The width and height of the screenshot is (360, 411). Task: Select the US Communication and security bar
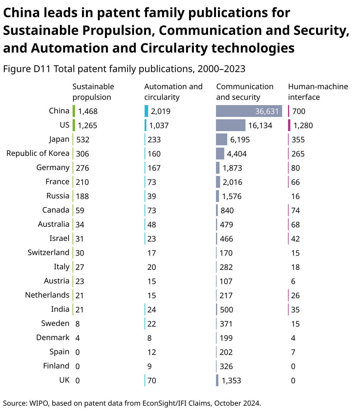pyautogui.click(x=230, y=125)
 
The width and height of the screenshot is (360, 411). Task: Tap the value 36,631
pyautogui.click(x=267, y=111)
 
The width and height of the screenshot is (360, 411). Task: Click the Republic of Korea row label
pyautogui.click(x=38, y=153)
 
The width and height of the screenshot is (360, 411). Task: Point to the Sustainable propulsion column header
pyautogui.click(x=93, y=92)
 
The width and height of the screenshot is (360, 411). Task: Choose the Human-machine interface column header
pyautogui.click(x=318, y=92)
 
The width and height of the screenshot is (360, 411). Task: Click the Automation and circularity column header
pyautogui.click(x=173, y=92)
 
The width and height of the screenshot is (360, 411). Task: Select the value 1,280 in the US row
pyautogui.click(x=303, y=125)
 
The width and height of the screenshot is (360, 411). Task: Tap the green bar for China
pyautogui.click(x=74, y=111)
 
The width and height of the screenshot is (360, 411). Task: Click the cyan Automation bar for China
pyautogui.click(x=146, y=111)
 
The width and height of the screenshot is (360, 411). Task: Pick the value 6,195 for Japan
pyautogui.click(x=240, y=140)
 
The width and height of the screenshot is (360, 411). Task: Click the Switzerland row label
pyautogui.click(x=48, y=252)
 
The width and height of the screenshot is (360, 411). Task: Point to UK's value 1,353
pyautogui.click(x=231, y=381)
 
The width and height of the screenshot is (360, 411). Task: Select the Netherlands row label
pyautogui.click(x=47, y=295)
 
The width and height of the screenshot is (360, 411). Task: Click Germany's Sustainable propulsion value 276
pyautogui.click(x=82, y=168)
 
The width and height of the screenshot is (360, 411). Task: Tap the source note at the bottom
pyautogui.click(x=132, y=403)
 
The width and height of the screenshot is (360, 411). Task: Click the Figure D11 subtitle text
pyautogui.click(x=124, y=69)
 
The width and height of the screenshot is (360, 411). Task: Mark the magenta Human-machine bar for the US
pyautogui.click(x=289, y=125)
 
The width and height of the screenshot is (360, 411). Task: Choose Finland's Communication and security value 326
pyautogui.click(x=226, y=366)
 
